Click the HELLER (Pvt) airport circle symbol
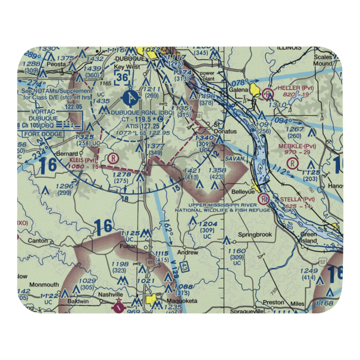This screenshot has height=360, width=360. (269, 95)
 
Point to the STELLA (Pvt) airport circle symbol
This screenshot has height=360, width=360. (264, 199)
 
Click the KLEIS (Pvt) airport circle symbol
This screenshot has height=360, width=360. (113, 157)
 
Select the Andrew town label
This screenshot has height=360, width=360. (188, 252)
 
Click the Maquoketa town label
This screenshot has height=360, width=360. (182, 301)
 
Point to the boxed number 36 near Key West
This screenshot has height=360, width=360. (122, 77)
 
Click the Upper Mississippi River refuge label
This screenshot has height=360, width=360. (222, 207)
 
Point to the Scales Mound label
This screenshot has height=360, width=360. (323, 60)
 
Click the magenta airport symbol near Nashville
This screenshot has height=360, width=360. (118, 307)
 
